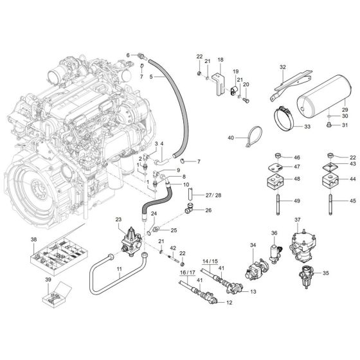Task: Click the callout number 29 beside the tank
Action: coord(345,102)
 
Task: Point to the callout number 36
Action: coord(274,233)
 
